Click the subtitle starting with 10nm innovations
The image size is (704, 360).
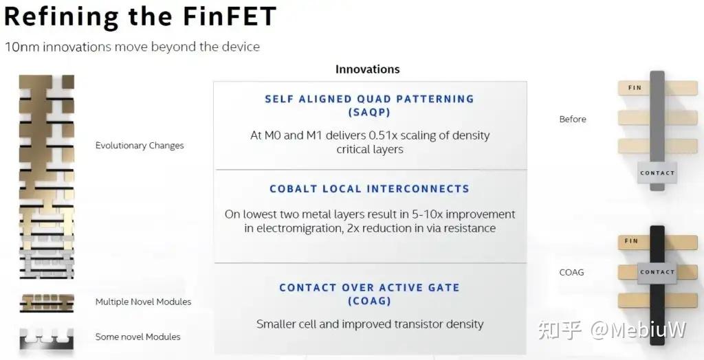(132, 47)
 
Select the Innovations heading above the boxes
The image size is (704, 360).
(367, 69)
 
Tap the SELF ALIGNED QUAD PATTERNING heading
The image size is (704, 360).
(369, 99)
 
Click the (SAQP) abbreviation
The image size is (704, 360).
(369, 112)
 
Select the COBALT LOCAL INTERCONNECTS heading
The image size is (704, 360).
(369, 189)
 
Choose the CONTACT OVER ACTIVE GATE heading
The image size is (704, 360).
(369, 288)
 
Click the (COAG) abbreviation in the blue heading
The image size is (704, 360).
(369, 301)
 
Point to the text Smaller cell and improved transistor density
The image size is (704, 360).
(370, 324)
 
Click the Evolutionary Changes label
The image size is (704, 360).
(140, 146)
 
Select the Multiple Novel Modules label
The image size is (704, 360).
(143, 302)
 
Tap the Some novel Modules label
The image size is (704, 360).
(137, 337)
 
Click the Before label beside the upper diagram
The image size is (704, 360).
(573, 120)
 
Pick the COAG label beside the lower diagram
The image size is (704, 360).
(571, 272)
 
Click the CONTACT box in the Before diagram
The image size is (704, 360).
(657, 173)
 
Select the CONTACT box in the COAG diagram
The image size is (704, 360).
(657, 272)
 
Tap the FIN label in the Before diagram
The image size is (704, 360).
(635, 88)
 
